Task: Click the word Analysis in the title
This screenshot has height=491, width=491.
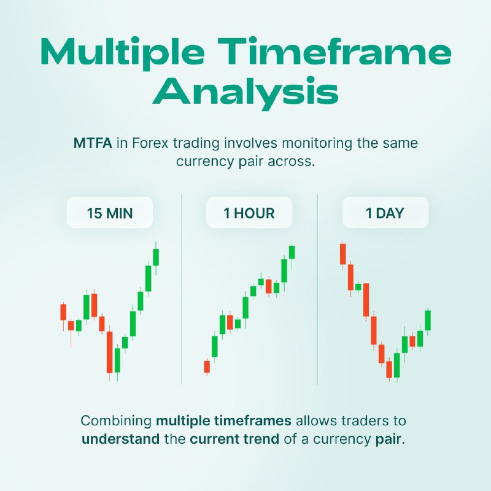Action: pyautogui.click(x=245, y=93)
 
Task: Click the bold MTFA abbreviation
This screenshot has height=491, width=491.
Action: pyautogui.click(x=93, y=144)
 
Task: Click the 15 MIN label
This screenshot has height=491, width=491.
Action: pyautogui.click(x=110, y=213)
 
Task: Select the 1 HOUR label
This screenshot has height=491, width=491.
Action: pyautogui.click(x=249, y=213)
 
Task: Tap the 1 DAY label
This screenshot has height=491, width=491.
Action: pyautogui.click(x=385, y=213)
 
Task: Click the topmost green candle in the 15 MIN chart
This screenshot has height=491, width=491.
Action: pyautogui.click(x=156, y=258)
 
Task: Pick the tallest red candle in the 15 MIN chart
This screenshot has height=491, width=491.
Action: pyautogui.click(x=110, y=352)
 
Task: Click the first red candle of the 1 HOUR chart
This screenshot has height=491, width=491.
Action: pyautogui.click(x=207, y=366)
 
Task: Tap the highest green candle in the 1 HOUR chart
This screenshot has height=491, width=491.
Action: pyautogui.click(x=292, y=252)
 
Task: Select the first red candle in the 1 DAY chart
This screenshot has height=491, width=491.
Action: pyautogui.click(x=343, y=254)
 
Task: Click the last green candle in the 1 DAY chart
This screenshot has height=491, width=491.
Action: pyautogui.click(x=428, y=320)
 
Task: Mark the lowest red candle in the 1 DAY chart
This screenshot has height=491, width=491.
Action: pyautogui.click(x=389, y=369)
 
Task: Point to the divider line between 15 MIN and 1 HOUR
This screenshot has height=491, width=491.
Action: pyautogui.click(x=181, y=289)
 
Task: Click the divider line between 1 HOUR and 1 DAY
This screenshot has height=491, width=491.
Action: pyautogui.click(x=317, y=289)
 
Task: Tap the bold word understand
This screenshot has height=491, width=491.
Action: pyautogui.click(x=120, y=439)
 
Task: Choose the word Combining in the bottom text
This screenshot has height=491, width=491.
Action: pyautogui.click(x=116, y=421)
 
